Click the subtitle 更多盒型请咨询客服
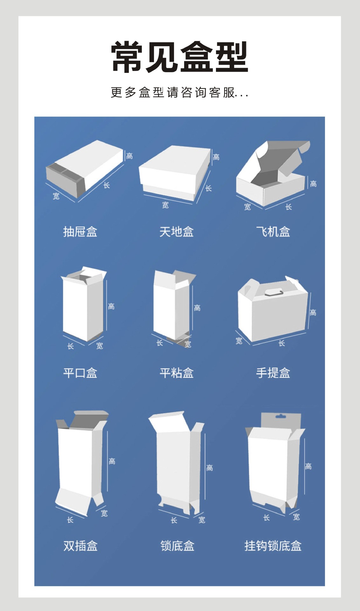pos(179,93)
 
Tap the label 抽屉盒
pos(80,232)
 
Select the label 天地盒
pos(177,232)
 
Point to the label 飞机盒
pos(273,232)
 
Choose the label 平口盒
pos(80,373)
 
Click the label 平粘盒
pos(177,373)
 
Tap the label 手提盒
pos(273,373)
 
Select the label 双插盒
pos(80,546)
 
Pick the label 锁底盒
pos(177,546)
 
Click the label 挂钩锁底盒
pos(273,546)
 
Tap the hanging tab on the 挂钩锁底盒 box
pos(280,420)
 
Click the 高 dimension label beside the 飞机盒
pos(313,184)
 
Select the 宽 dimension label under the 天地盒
pos(165,205)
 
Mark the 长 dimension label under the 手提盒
pos(281,343)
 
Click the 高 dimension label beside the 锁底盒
pos(210,467)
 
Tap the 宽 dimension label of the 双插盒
pos(104,513)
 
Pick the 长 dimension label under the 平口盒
pos(71,346)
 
